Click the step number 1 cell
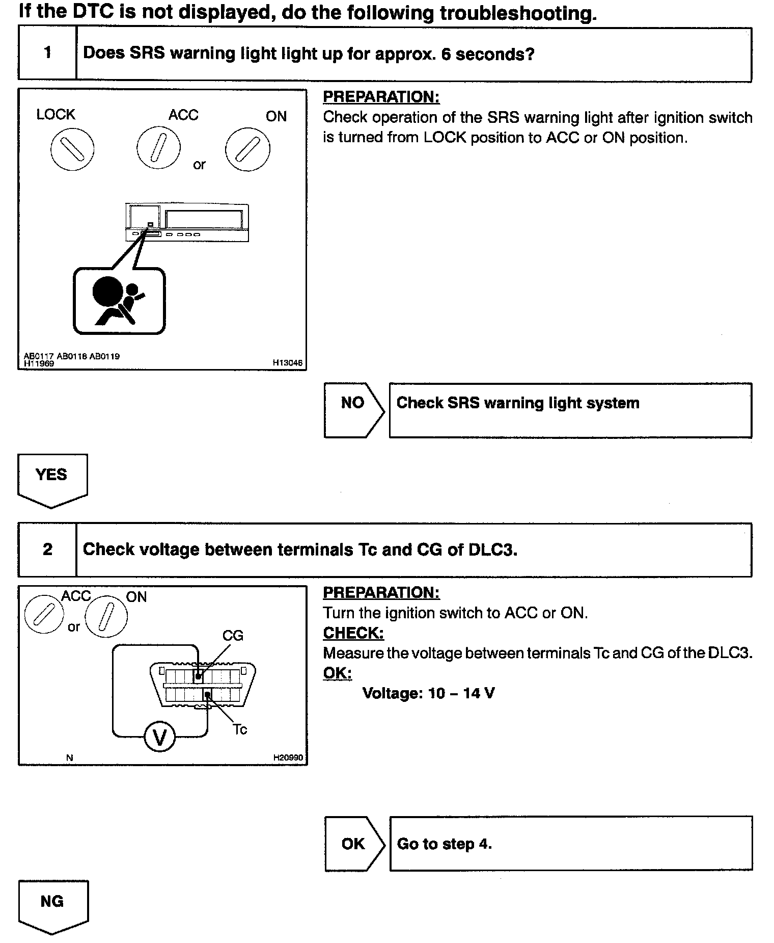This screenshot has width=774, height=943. point(47,53)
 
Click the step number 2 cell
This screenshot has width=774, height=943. point(47,549)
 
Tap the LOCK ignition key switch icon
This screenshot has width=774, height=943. point(72,149)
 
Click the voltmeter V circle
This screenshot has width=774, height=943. point(160,737)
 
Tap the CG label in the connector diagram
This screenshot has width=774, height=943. point(233,636)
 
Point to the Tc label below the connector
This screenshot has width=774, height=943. point(240,729)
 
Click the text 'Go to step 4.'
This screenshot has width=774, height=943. point(444,844)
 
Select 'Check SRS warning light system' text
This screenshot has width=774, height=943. point(517,403)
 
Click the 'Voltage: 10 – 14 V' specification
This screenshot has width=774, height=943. point(428,693)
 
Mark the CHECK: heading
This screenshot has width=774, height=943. point(353,633)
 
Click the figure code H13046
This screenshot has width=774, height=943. point(287,363)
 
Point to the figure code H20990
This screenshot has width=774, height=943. point(288,757)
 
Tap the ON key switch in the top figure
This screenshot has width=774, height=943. point(248,149)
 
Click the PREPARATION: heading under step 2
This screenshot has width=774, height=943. point(381,593)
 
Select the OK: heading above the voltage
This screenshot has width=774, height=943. point(337,673)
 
